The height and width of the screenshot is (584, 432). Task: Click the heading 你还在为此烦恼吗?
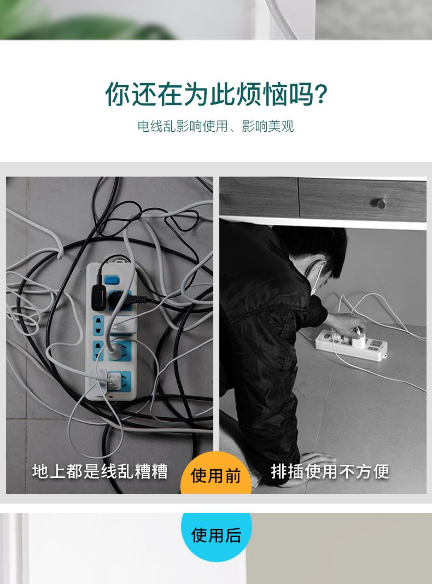click(x=216, y=94)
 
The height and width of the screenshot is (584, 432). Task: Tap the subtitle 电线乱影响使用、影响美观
click(x=215, y=126)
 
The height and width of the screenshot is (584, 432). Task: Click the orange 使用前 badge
click(x=215, y=473)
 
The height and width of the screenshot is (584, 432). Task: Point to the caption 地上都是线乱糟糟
click(x=100, y=471)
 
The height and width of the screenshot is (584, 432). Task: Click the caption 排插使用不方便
click(x=330, y=471)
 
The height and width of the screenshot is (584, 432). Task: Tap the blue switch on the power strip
click(x=112, y=279)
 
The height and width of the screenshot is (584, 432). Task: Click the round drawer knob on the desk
click(x=380, y=203)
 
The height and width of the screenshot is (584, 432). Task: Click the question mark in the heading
click(x=321, y=95)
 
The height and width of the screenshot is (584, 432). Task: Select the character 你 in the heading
click(x=118, y=94)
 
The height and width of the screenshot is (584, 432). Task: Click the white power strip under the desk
click(x=351, y=345)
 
